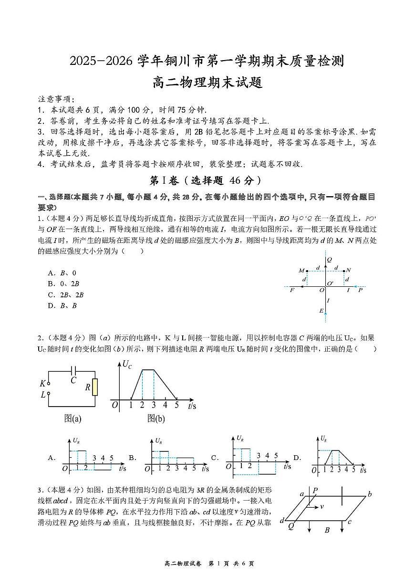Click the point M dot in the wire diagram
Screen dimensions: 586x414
coord(307,271)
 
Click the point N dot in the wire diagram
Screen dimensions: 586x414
coord(344,271)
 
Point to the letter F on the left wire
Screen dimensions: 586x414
coord(292,290)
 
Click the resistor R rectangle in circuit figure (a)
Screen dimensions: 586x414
coord(95,387)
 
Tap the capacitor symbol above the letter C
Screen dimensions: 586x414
coord(73,369)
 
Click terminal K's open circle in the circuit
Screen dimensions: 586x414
coord(49,383)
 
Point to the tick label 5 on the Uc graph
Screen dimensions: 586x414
coord(176,405)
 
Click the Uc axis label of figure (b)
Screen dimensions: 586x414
coord(127,365)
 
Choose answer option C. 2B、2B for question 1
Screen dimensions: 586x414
coord(66,295)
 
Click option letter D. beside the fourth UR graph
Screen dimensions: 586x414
coord(297,458)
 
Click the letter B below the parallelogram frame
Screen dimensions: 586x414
coord(327,530)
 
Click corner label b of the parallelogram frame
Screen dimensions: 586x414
coord(369,494)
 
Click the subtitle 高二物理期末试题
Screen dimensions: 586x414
coord(207,82)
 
